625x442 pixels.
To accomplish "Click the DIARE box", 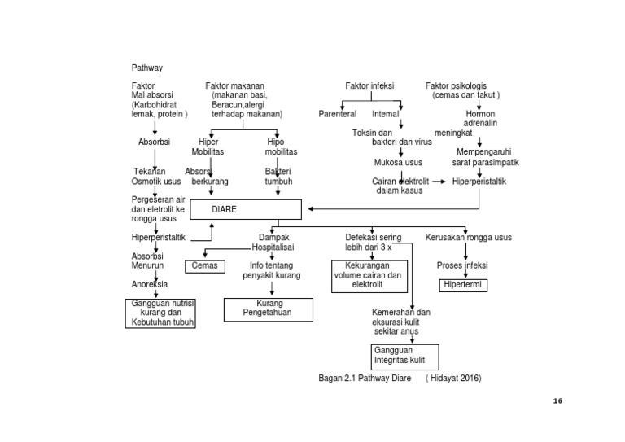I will pos(245,209).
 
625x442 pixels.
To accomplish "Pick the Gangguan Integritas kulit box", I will pos(404,356).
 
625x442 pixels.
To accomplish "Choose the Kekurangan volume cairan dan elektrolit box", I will pos(367,275).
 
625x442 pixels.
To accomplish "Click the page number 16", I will pos(557,400).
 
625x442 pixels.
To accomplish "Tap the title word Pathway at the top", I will pos(147,68).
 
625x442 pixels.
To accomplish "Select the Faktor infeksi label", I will pos(370,85).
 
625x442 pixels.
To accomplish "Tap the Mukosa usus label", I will pos(398,162).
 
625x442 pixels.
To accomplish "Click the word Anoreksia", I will pos(150,284).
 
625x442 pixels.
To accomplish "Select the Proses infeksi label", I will pos(462,265).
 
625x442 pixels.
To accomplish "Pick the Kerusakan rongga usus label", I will pos(468,238).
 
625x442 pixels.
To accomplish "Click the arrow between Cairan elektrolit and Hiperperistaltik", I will pos(438,182).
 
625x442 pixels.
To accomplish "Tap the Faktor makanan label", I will pos(235,85).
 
